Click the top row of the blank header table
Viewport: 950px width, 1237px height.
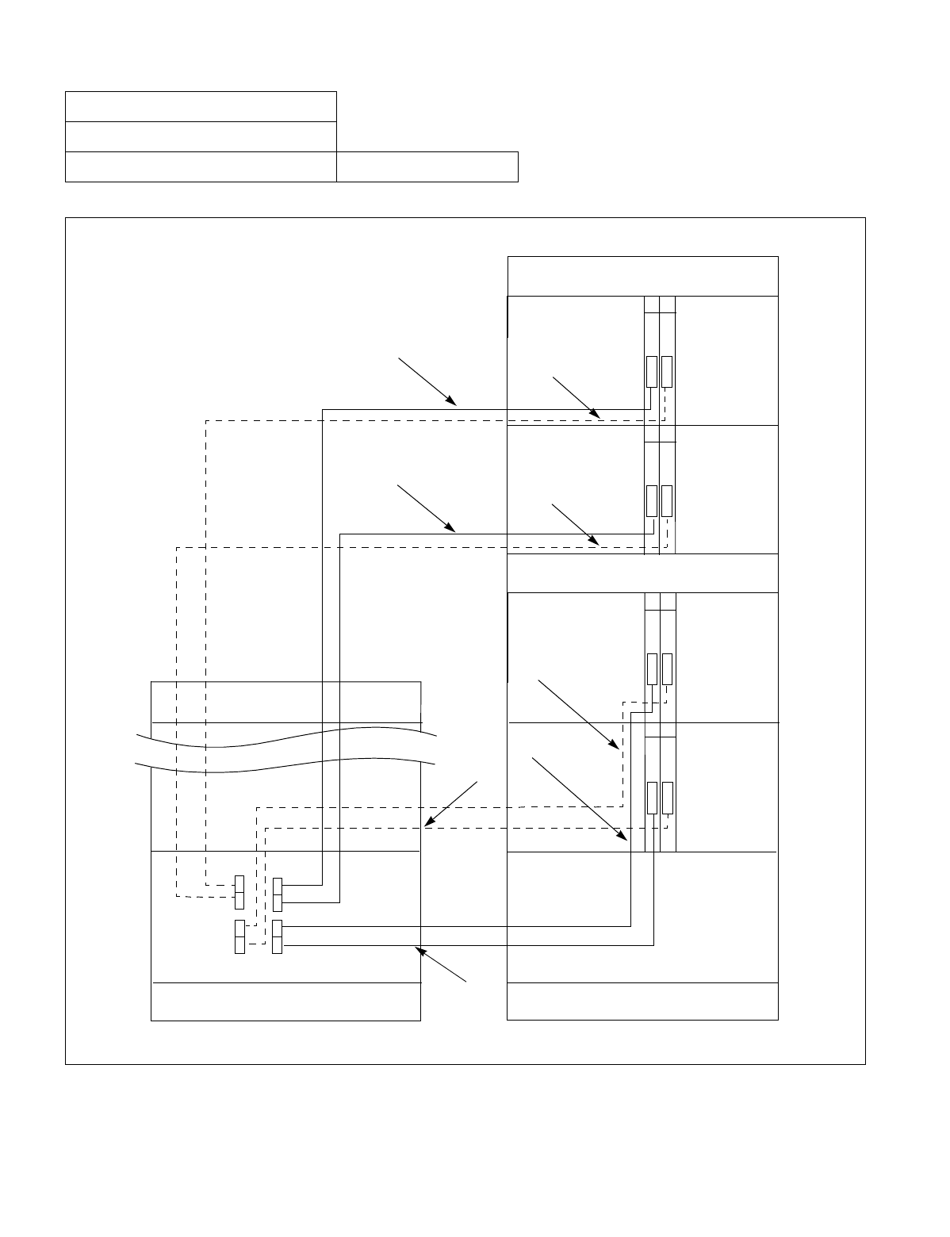point(201,106)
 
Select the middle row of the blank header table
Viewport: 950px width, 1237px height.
point(201,136)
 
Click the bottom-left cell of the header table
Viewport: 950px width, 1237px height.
point(201,167)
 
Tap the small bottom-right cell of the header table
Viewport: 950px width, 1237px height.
point(427,167)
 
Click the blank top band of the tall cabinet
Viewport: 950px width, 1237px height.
point(642,276)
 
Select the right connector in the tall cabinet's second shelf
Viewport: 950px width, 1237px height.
point(667,500)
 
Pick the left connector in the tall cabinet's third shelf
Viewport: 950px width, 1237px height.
point(651,669)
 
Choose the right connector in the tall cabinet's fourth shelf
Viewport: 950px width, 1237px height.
point(667,798)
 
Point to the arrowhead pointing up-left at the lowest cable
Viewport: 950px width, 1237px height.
point(418,948)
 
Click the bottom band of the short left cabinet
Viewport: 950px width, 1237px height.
point(285,1001)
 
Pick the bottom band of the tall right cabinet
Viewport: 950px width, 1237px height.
point(642,1001)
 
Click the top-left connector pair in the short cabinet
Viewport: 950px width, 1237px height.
point(239,893)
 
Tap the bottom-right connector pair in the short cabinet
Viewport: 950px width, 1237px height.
point(277,937)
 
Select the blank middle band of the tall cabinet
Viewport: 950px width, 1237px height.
point(642,573)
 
